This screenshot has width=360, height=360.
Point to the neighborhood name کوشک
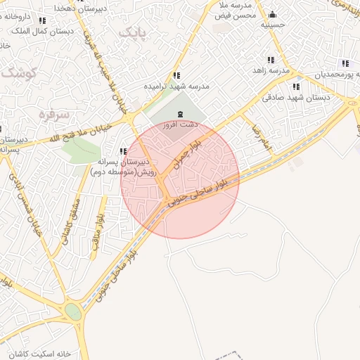19,71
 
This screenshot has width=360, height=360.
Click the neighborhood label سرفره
53,114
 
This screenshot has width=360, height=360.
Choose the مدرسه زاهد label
271,71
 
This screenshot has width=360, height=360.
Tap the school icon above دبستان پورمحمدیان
345,63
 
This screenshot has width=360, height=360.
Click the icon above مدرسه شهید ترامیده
176,75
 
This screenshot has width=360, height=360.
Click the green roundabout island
72,311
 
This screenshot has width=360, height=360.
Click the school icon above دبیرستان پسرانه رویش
124,151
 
